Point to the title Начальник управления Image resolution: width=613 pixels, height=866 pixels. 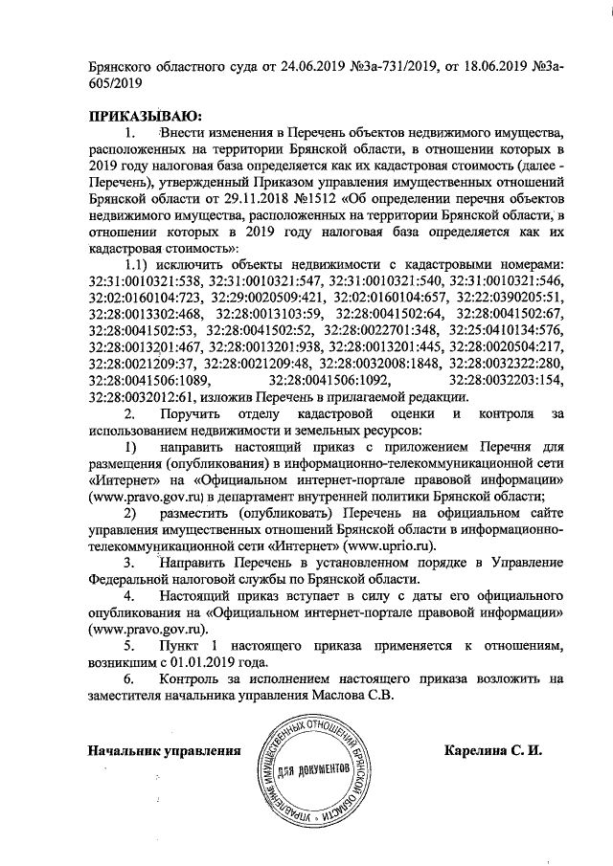click(x=164, y=750)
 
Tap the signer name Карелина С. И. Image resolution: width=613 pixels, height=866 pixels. click(x=493, y=749)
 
